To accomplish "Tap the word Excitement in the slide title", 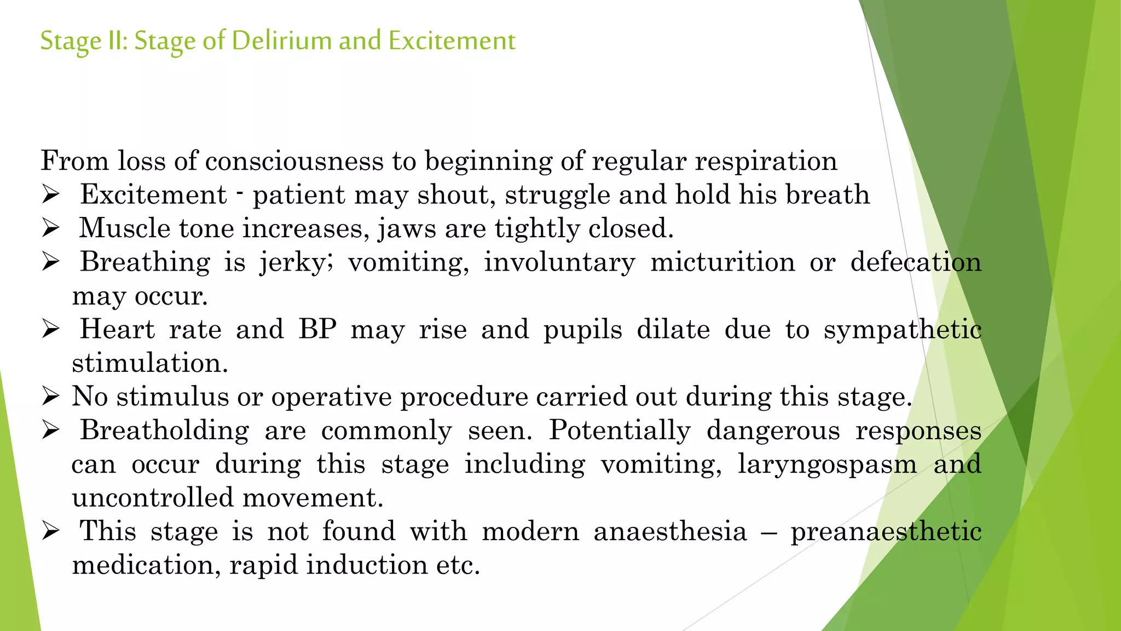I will (452, 41).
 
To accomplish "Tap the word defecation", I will (916, 262).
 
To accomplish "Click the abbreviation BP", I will (317, 330).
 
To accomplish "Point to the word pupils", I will (582, 330).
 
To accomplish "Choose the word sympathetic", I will (903, 330).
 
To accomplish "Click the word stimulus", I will (172, 397).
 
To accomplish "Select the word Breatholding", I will (165, 431).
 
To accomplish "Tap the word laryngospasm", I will (827, 464).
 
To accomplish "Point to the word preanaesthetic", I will (886, 532).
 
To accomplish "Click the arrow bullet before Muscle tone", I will (50, 228).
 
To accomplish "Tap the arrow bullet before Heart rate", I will (50, 329).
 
